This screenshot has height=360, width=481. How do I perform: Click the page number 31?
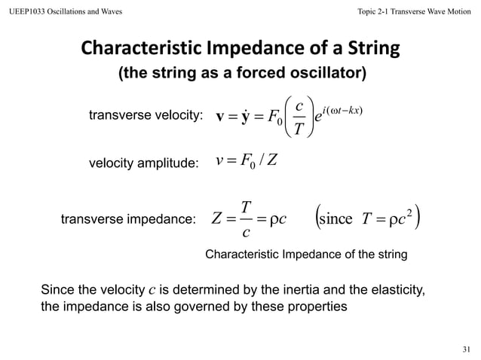(465, 349)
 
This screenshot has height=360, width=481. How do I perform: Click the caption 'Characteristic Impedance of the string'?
(306, 255)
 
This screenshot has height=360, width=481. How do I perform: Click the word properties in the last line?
(319, 308)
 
